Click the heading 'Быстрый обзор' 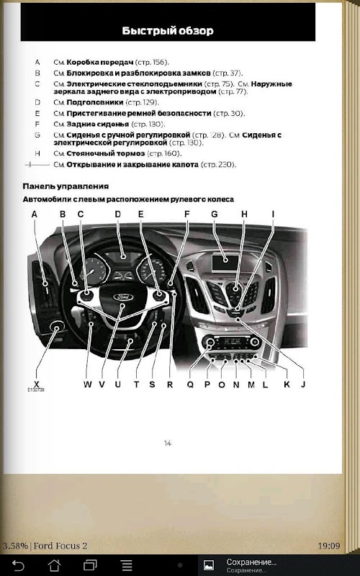tap(168, 30)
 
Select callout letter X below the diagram tap(37, 384)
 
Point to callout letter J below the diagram tap(303, 384)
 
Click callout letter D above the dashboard tap(117, 214)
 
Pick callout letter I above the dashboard tap(273, 214)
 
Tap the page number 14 tap(168, 444)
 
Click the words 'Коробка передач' tap(100, 62)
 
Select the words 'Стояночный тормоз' tap(106, 153)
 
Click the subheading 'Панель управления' tap(66, 186)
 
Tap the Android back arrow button tap(18, 565)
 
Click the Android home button tap(55, 565)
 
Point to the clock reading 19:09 tap(329, 546)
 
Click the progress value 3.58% tap(15, 546)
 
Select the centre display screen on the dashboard tap(225, 260)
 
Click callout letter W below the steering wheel tap(87, 384)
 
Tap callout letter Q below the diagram tap(190, 384)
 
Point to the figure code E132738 tap(35, 390)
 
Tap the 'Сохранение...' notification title tap(251, 562)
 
